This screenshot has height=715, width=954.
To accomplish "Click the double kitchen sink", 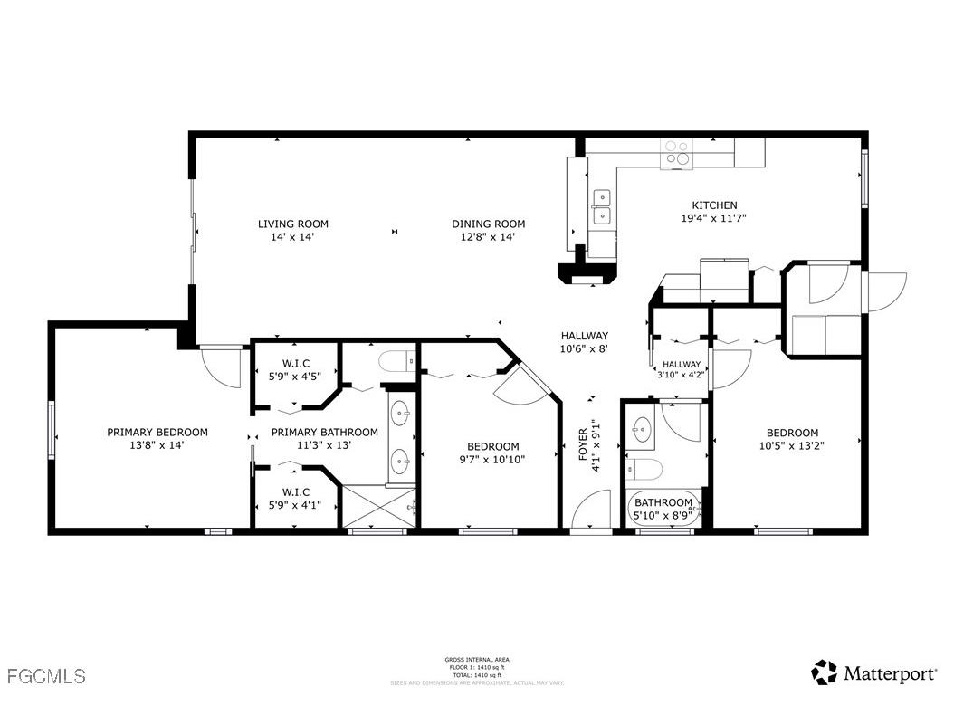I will (601, 206).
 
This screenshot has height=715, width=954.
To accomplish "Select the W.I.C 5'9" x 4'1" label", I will (296, 499).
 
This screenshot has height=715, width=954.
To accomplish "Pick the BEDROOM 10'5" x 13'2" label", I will (791, 439).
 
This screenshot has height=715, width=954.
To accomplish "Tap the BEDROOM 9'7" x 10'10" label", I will (492, 453).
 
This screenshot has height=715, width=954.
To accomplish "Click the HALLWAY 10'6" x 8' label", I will (584, 341).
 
